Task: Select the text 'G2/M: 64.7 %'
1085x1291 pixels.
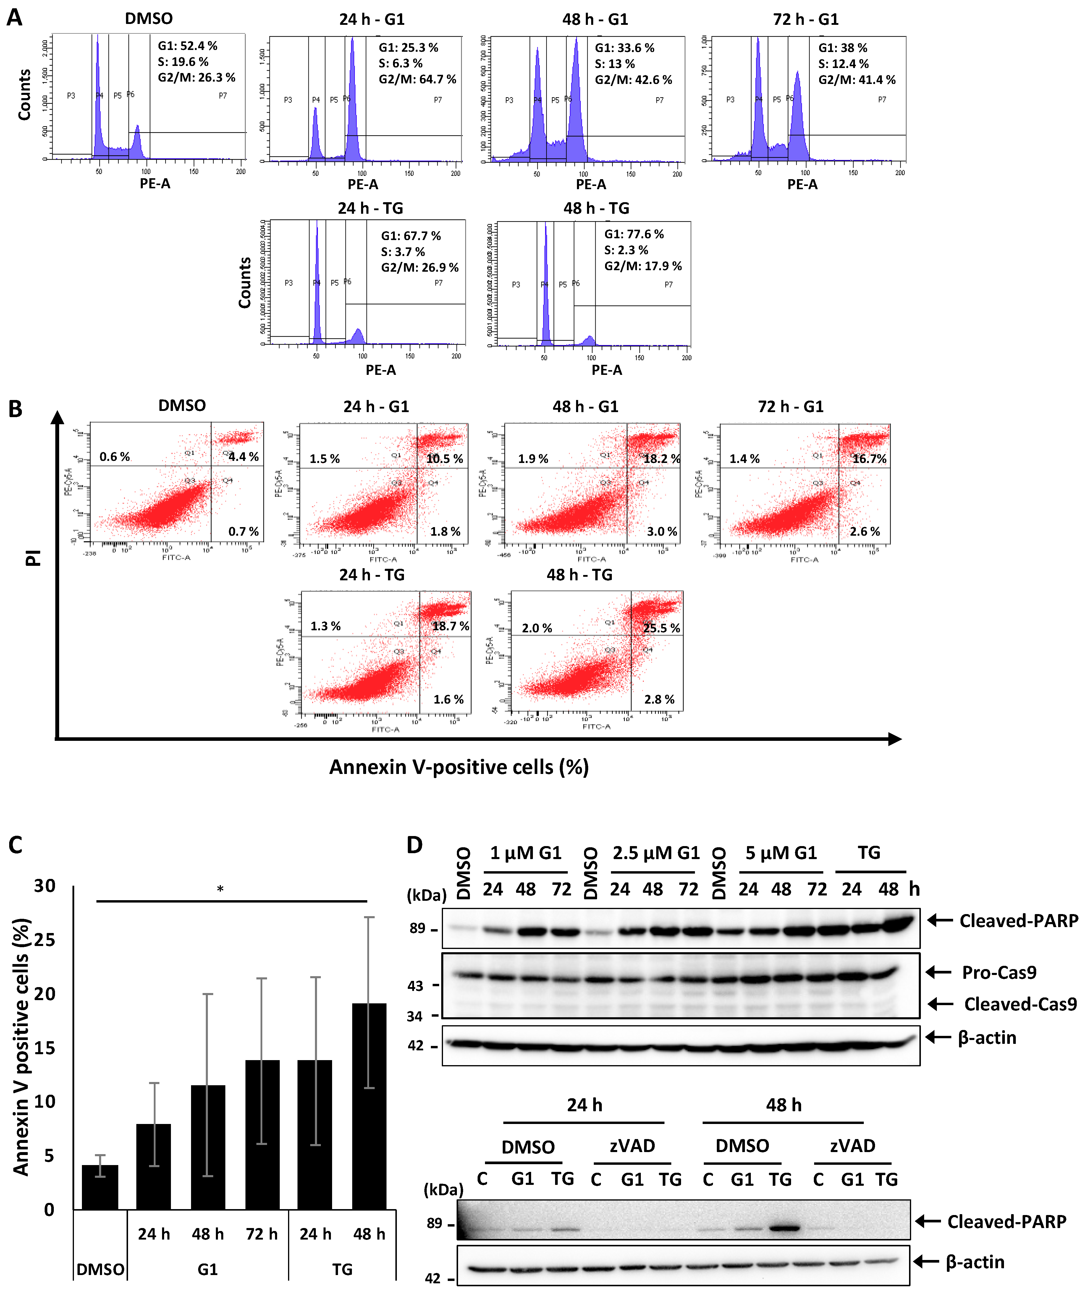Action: [x=417, y=79]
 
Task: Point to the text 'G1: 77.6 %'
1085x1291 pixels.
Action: [x=633, y=234]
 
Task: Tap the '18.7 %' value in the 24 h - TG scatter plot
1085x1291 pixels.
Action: [x=450, y=626]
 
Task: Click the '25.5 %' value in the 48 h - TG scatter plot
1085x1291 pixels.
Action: [x=661, y=628]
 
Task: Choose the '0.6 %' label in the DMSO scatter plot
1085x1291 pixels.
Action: [x=115, y=457]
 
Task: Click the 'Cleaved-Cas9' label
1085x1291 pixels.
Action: [x=1020, y=1004]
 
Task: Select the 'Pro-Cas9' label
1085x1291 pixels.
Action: [x=999, y=972]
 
